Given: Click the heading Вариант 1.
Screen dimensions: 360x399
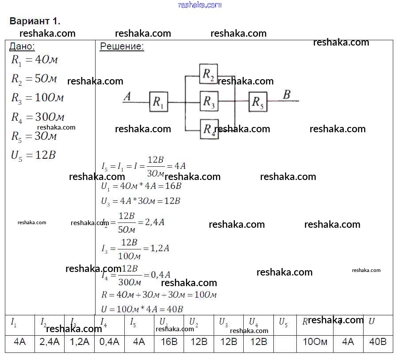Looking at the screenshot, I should click(35, 21).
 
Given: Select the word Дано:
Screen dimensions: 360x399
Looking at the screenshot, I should click(22, 47).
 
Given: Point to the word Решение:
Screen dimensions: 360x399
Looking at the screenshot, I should click(122, 47).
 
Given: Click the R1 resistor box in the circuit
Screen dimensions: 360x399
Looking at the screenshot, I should click(158, 102).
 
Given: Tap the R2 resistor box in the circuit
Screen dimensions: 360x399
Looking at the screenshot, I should click(209, 74).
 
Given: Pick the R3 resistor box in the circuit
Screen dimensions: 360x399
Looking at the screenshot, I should click(209, 102).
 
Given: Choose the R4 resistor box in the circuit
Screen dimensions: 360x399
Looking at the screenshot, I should click(209, 129).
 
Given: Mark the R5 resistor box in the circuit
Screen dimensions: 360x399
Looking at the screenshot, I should click(257, 102).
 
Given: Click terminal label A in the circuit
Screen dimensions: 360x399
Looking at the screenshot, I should click(127, 96).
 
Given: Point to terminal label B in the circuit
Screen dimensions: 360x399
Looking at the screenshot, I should click(287, 94).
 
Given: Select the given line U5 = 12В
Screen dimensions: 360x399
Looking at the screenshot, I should click(34, 155).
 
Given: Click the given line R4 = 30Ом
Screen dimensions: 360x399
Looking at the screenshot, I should click(38, 117).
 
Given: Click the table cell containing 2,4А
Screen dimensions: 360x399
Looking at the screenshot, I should click(50, 342).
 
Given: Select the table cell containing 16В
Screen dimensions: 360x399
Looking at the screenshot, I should click(169, 342).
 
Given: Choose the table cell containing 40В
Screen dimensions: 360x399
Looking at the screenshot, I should click(377, 342).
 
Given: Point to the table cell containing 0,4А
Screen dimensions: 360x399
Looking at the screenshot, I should click(109, 342).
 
